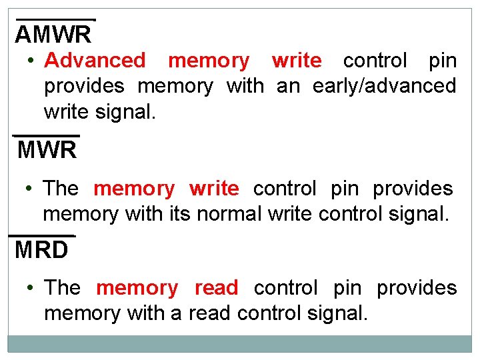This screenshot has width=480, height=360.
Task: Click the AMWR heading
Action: coord(53,33)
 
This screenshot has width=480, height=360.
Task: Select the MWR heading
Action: coord(47,150)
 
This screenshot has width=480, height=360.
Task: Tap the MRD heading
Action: coord(41,250)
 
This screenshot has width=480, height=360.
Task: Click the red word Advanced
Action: coord(95,60)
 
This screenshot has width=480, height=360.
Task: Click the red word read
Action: coord(216,288)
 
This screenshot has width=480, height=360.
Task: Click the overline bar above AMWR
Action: coord(56,20)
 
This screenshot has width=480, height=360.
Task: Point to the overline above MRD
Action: coord(41,235)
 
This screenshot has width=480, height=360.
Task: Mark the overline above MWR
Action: coord(46,135)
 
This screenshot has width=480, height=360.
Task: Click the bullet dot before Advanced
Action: coord(31,61)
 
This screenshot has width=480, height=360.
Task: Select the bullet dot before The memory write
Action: coord(30,189)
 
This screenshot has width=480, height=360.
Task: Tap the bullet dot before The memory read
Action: coord(31,288)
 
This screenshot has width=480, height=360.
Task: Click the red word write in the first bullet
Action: coord(297,60)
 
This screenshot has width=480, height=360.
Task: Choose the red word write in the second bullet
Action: coord(214,189)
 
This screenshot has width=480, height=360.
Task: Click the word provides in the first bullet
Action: coord(84,85)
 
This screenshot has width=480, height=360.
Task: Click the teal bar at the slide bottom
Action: coord(240,343)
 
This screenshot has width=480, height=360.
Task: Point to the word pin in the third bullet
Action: coord(347,288)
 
